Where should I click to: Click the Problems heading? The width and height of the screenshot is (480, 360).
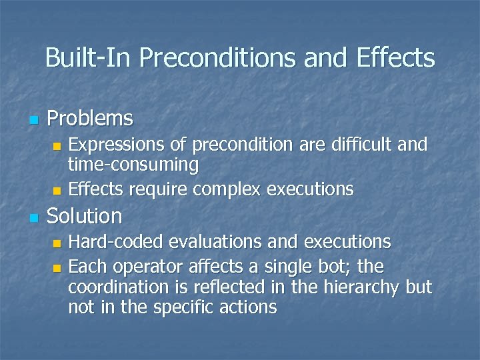90,119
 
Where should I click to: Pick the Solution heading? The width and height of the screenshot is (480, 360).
85,216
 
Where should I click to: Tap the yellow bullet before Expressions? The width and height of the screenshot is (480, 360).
57,146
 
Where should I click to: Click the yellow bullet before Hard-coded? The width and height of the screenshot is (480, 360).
57,243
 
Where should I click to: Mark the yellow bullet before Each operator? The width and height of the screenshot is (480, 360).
57,269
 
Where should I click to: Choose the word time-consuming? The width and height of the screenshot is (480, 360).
133,164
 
